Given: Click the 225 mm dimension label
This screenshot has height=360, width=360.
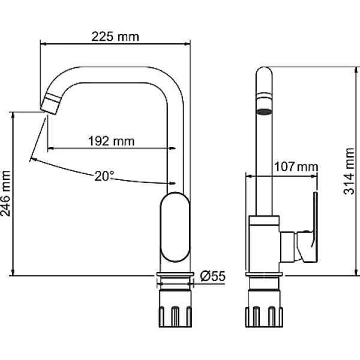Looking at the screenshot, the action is [x=115, y=37].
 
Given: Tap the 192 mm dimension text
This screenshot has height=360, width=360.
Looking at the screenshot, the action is [x=112, y=141].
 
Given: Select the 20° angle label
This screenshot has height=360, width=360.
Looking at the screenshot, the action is [x=104, y=176].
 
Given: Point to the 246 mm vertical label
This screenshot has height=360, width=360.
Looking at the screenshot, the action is [x=6, y=194].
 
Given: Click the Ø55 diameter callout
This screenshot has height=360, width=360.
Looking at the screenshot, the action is [x=212, y=276].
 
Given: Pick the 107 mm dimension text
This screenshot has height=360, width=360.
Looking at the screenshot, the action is [x=296, y=167].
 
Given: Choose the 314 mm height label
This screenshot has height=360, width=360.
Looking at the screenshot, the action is [x=349, y=171].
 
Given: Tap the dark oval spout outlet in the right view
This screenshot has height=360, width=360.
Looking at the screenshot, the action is [x=264, y=112].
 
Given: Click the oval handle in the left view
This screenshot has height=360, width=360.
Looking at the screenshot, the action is [x=175, y=227].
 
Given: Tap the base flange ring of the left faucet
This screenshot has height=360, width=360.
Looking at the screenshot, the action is [x=175, y=274].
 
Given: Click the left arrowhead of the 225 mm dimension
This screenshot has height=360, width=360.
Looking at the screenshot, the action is [x=43, y=43].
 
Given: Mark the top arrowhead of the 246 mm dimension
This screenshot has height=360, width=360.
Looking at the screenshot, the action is [x=13, y=115].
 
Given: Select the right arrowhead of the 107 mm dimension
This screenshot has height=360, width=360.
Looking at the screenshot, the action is [x=314, y=176].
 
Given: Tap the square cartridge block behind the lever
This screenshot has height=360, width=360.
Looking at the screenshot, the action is [x=287, y=247].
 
